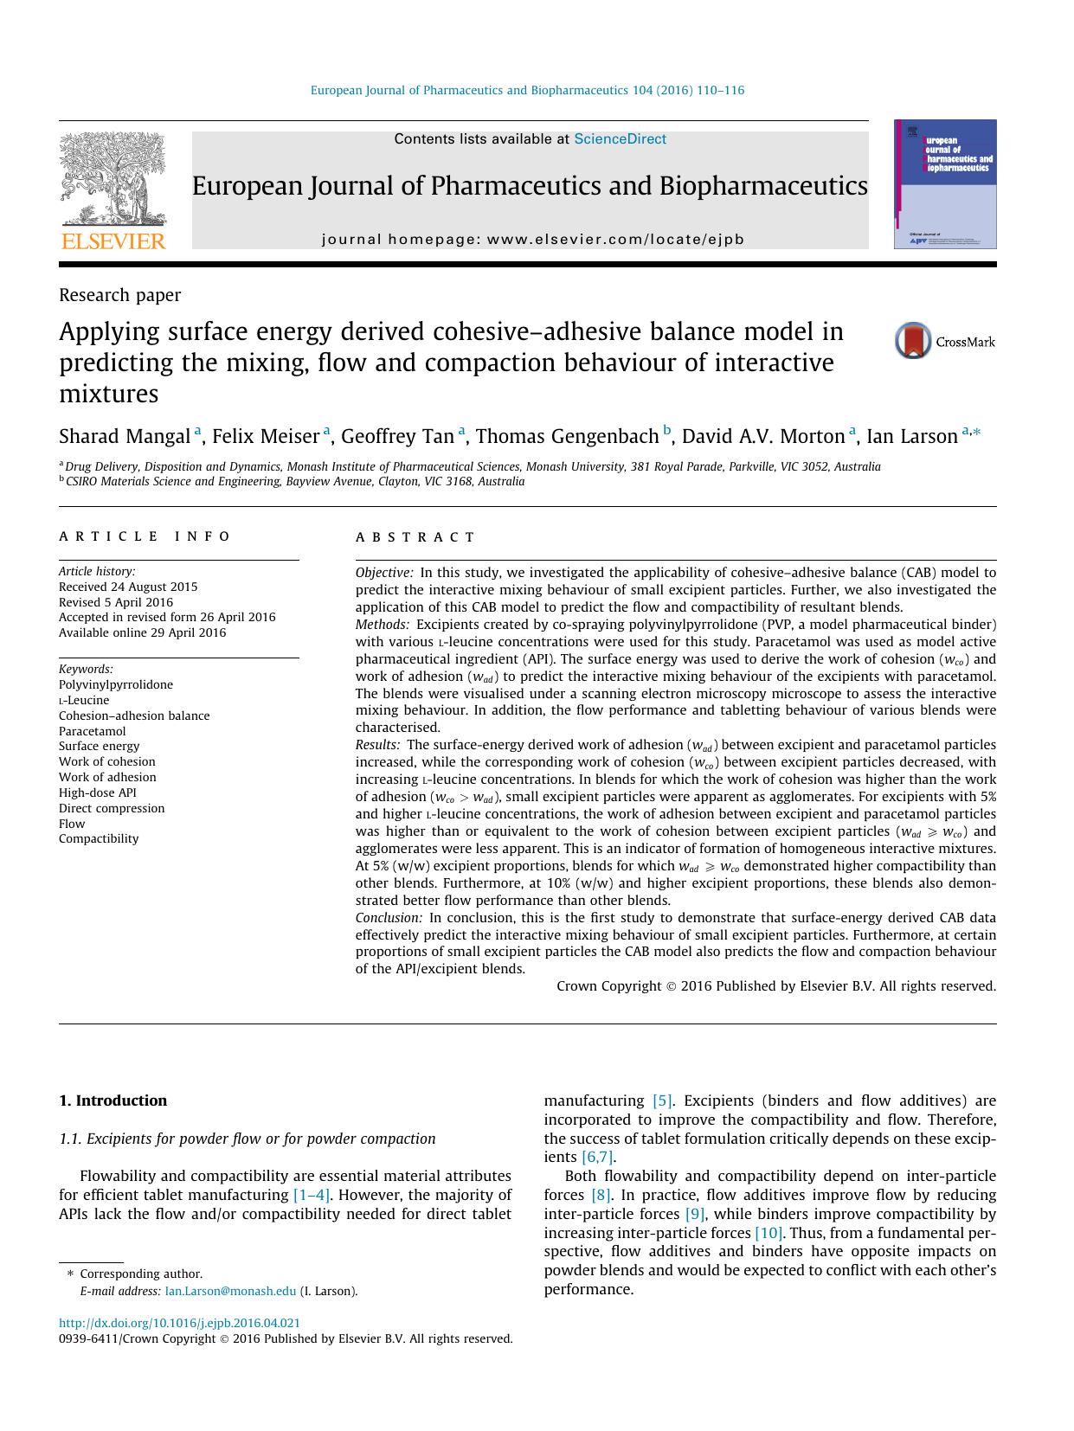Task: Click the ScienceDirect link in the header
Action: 620,138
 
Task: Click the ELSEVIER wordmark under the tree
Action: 113,241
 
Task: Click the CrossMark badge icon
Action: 913,341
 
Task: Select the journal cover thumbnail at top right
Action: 944,184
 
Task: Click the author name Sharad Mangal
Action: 125,436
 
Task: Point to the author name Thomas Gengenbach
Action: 567,436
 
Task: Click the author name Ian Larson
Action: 911,436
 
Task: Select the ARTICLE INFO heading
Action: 145,536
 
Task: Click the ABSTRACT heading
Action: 415,537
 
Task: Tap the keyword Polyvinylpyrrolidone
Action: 116,684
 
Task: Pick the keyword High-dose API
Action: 98,793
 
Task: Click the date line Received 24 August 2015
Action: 128,587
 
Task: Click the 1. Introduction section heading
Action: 113,1101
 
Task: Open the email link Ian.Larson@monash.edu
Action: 230,1291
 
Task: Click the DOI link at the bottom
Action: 179,1323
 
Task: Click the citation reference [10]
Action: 769,1233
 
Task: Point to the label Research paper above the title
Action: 119,295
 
